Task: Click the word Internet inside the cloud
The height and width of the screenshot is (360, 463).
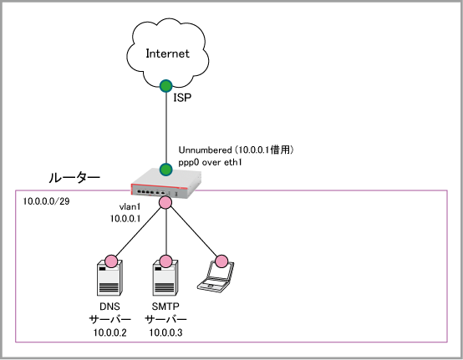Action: (167, 53)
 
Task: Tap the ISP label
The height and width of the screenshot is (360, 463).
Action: (182, 98)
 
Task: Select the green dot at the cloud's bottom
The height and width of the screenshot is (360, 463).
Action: (166, 86)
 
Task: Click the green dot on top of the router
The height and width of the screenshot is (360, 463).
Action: (166, 170)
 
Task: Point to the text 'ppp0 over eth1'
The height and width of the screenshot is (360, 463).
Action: (210, 163)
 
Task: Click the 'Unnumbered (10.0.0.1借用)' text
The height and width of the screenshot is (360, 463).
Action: (236, 150)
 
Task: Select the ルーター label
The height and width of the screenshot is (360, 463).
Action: (74, 178)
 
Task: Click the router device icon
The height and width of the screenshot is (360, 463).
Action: (166, 183)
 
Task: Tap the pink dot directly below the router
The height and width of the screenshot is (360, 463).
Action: (165, 202)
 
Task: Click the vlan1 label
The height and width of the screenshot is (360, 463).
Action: (130, 207)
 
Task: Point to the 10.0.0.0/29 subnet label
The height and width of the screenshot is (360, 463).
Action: (46, 201)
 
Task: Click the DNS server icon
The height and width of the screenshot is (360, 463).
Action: (109, 278)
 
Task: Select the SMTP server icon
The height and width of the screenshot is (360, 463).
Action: (165, 278)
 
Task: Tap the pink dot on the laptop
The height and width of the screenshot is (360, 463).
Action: (221, 261)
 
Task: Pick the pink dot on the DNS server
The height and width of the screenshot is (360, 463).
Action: (111, 261)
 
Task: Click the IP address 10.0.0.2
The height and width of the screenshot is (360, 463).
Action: (109, 332)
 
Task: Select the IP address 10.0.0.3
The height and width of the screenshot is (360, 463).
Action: (165, 332)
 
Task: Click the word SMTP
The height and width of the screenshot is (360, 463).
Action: (165, 307)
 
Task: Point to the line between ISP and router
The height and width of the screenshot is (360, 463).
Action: (166, 128)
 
